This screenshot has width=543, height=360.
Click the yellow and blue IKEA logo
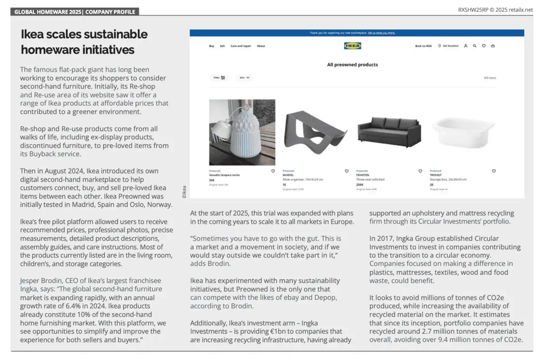pos(352,46)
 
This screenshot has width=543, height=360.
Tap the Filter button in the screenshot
pos(219,78)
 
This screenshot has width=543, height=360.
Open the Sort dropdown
pos(245,78)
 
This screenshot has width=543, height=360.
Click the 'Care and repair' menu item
pos(241,46)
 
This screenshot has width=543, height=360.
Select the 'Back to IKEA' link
pos(424,46)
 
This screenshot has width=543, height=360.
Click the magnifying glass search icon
pos(475,46)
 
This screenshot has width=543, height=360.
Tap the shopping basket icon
pos(493,46)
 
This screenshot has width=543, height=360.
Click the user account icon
pos(466,46)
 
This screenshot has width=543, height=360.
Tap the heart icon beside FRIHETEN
pos(420,171)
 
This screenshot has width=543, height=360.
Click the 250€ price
pos(360,185)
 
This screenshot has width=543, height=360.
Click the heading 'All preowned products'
pos(352,65)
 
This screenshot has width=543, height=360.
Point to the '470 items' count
pos(490,78)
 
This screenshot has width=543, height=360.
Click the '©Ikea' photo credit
pos(184,192)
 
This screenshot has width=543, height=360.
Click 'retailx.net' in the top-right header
pos(521,10)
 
